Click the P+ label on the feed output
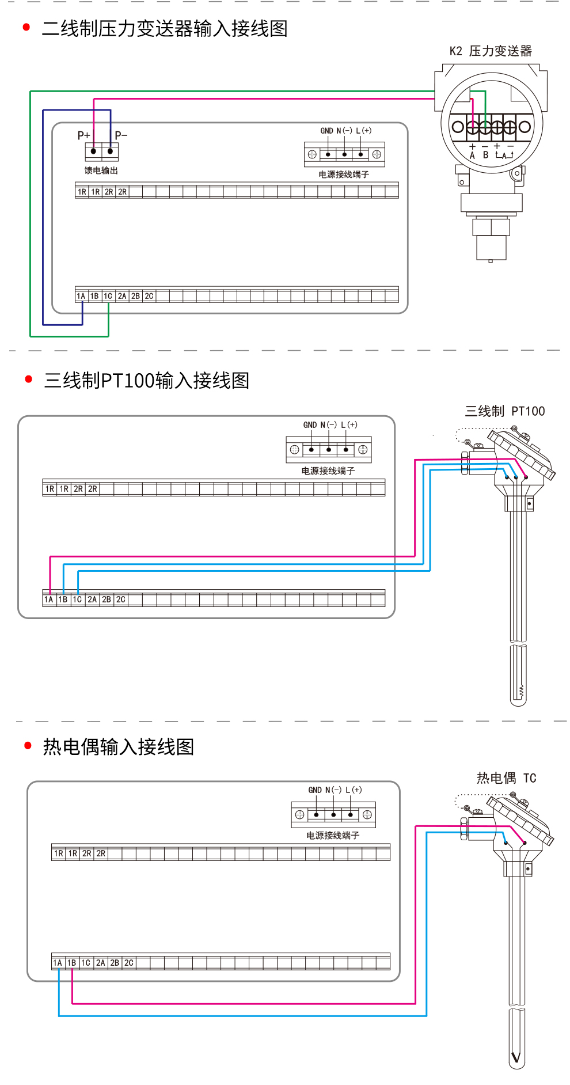pyautogui.click(x=84, y=135)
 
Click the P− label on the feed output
pyautogui.click(x=121, y=135)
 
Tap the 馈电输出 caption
pyautogui.click(x=101, y=170)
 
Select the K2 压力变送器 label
pyautogui.click(x=491, y=51)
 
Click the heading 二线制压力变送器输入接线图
pyautogui.click(x=165, y=29)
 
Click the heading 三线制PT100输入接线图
pyautogui.click(x=147, y=381)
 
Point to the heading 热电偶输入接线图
pyautogui.click(x=119, y=747)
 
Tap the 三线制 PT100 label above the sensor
pyautogui.click(x=505, y=411)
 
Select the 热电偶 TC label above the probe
pyautogui.click(x=507, y=778)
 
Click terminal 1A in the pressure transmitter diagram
pyautogui.click(x=81, y=296)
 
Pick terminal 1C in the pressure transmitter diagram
pyautogui.click(x=108, y=296)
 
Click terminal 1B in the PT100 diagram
pyautogui.click(x=63, y=600)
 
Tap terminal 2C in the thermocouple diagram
pyautogui.click(x=129, y=963)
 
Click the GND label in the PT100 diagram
pyautogui.click(x=310, y=425)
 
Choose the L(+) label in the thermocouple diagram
pyautogui.click(x=354, y=790)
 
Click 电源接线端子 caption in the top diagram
pyautogui.click(x=344, y=174)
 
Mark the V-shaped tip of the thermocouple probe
pyautogui.click(x=516, y=1057)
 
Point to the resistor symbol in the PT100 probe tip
pyautogui.click(x=522, y=691)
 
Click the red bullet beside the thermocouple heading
pyautogui.click(x=28, y=746)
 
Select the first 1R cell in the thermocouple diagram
pyautogui.click(x=59, y=853)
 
